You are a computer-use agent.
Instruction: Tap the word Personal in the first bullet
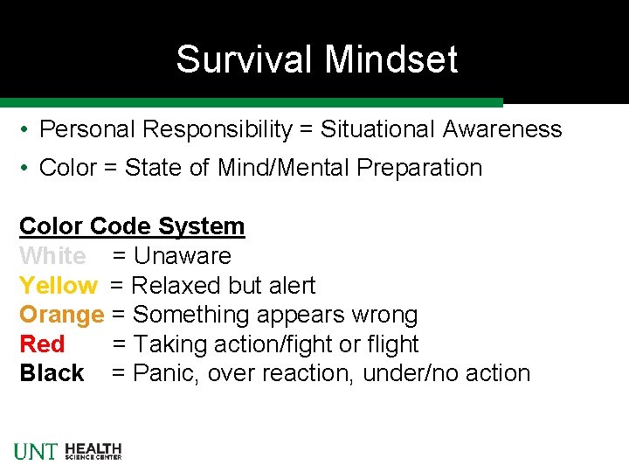click(x=88, y=129)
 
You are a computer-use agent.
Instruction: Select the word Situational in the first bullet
click(x=377, y=129)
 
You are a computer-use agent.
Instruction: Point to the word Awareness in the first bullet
click(x=501, y=129)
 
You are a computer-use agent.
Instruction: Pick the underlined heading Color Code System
click(x=132, y=226)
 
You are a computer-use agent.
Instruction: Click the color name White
click(x=52, y=256)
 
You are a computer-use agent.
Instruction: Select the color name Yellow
click(x=59, y=286)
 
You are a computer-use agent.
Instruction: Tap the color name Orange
click(x=61, y=315)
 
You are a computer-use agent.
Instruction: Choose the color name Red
click(x=41, y=344)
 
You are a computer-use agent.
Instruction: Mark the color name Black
click(x=52, y=373)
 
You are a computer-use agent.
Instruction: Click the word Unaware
click(x=182, y=256)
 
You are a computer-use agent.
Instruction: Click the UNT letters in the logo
click(x=36, y=451)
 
